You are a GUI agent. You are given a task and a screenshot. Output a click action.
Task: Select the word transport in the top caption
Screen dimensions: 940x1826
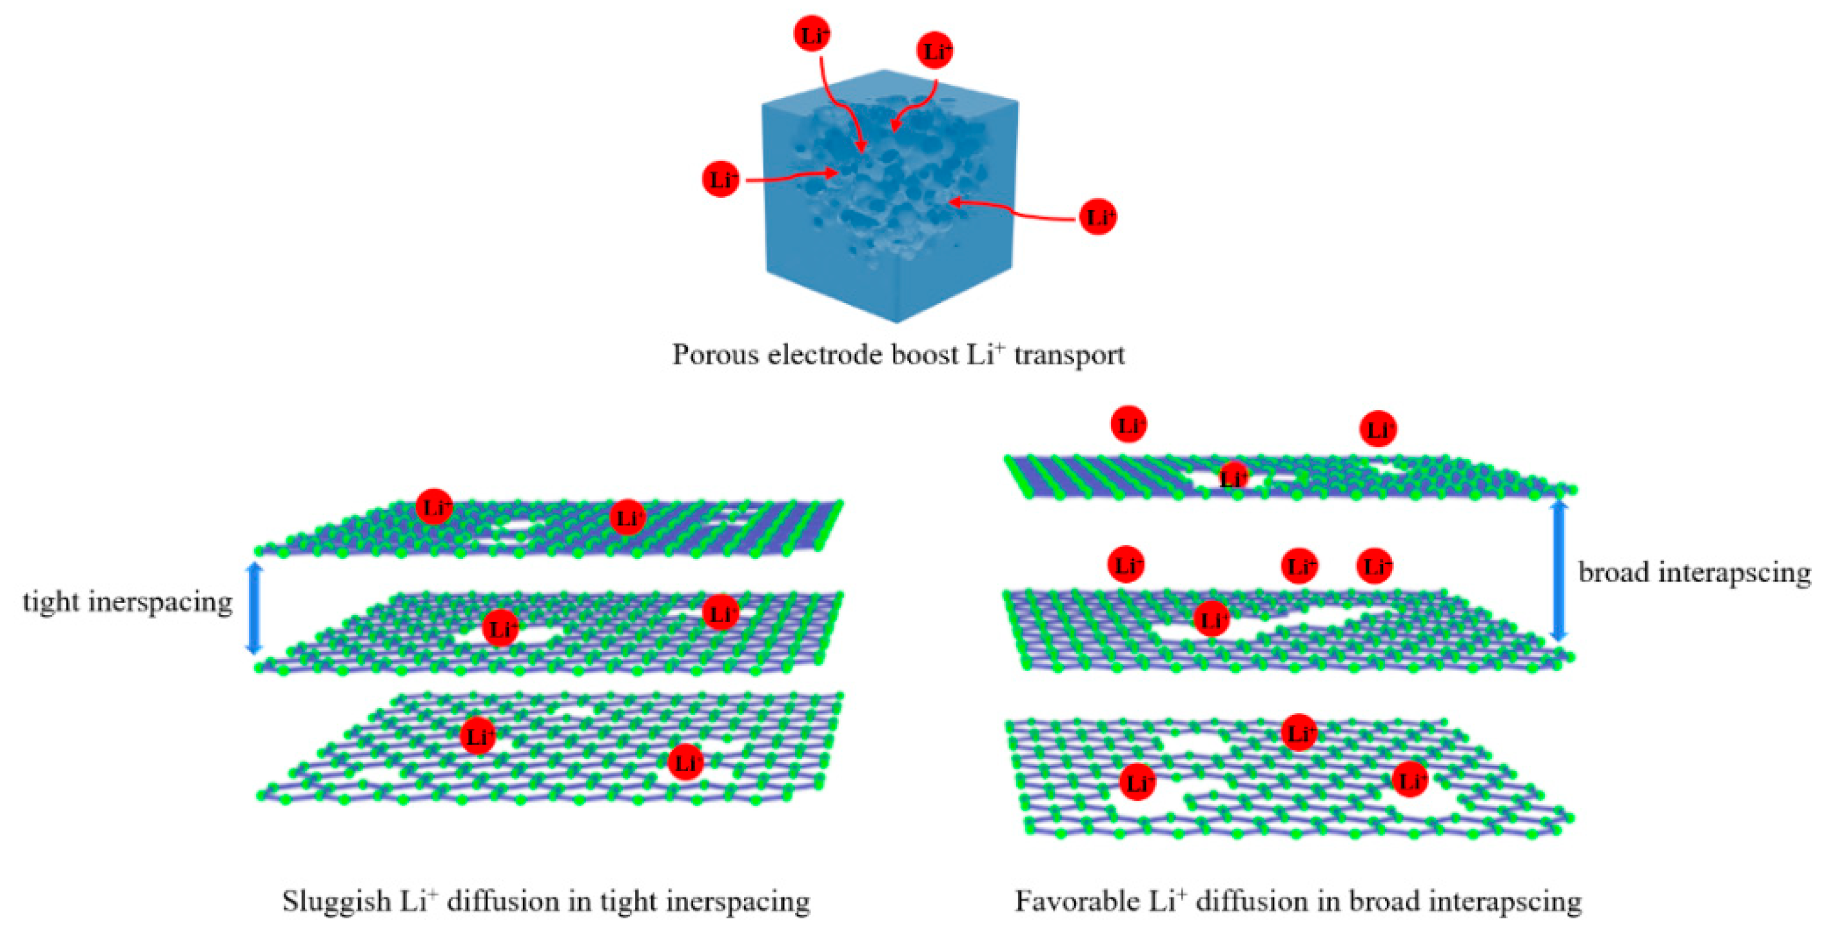click(x=1069, y=355)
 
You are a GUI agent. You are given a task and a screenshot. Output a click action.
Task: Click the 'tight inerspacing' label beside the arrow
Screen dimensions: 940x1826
click(x=128, y=602)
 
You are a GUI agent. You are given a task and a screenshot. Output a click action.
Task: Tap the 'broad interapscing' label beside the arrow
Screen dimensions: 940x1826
click(x=1694, y=572)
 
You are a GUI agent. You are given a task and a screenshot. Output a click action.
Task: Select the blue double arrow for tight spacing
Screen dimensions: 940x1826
click(x=254, y=607)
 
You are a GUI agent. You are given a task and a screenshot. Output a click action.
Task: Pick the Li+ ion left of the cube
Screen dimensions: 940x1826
click(x=721, y=179)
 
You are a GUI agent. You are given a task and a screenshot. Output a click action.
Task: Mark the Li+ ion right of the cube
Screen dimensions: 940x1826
click(x=1098, y=216)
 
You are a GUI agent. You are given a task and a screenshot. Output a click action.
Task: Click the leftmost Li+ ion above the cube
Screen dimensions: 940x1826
click(x=812, y=34)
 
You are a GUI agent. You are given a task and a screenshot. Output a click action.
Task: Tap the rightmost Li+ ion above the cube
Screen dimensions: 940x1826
click(x=935, y=50)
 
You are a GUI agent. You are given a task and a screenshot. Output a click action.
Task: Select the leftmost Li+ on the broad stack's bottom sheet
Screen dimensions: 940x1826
click(x=1137, y=783)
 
